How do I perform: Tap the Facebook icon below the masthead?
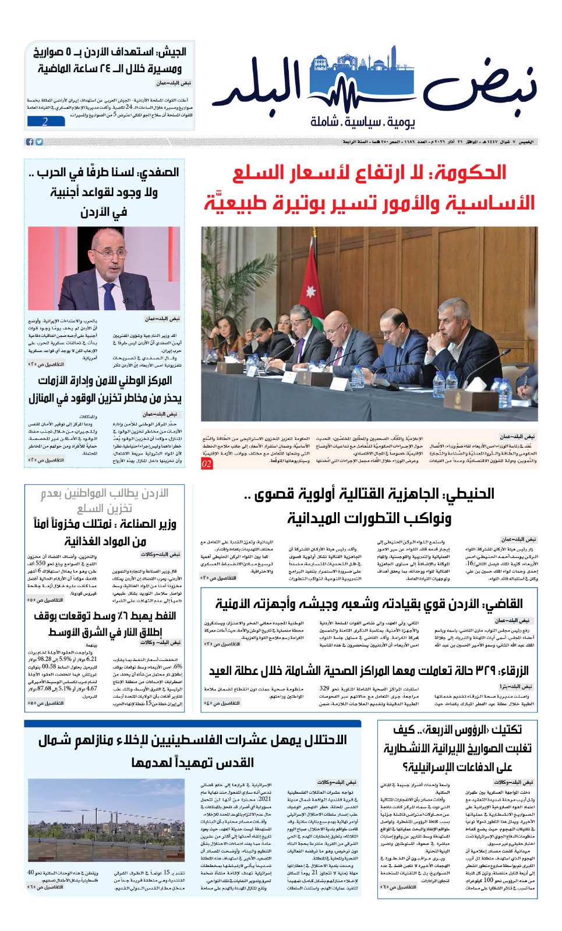click(30, 142)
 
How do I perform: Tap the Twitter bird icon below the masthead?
click(39, 142)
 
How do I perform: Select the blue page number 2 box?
click(45, 122)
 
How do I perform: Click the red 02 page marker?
click(207, 464)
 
